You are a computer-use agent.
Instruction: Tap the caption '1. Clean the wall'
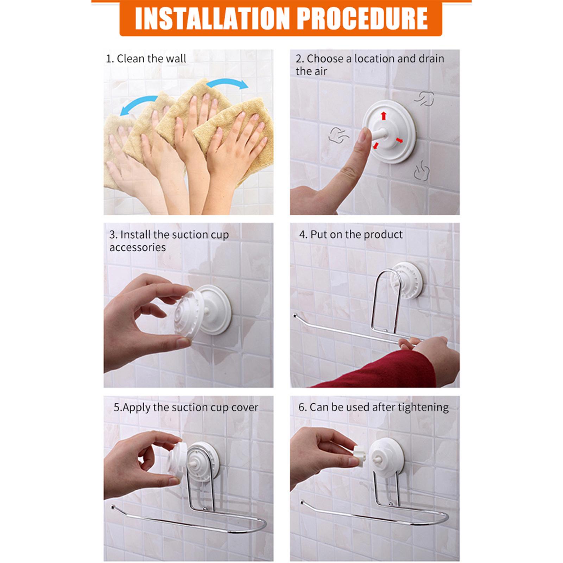click(146, 58)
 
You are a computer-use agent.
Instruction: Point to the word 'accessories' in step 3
click(137, 247)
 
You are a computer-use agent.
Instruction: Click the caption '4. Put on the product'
click(351, 234)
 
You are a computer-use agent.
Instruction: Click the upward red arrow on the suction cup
click(384, 115)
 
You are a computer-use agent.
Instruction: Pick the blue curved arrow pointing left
click(138, 103)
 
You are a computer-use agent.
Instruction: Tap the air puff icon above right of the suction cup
click(425, 99)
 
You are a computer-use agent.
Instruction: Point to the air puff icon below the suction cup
click(422, 171)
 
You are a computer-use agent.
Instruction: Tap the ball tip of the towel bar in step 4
click(295, 316)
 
